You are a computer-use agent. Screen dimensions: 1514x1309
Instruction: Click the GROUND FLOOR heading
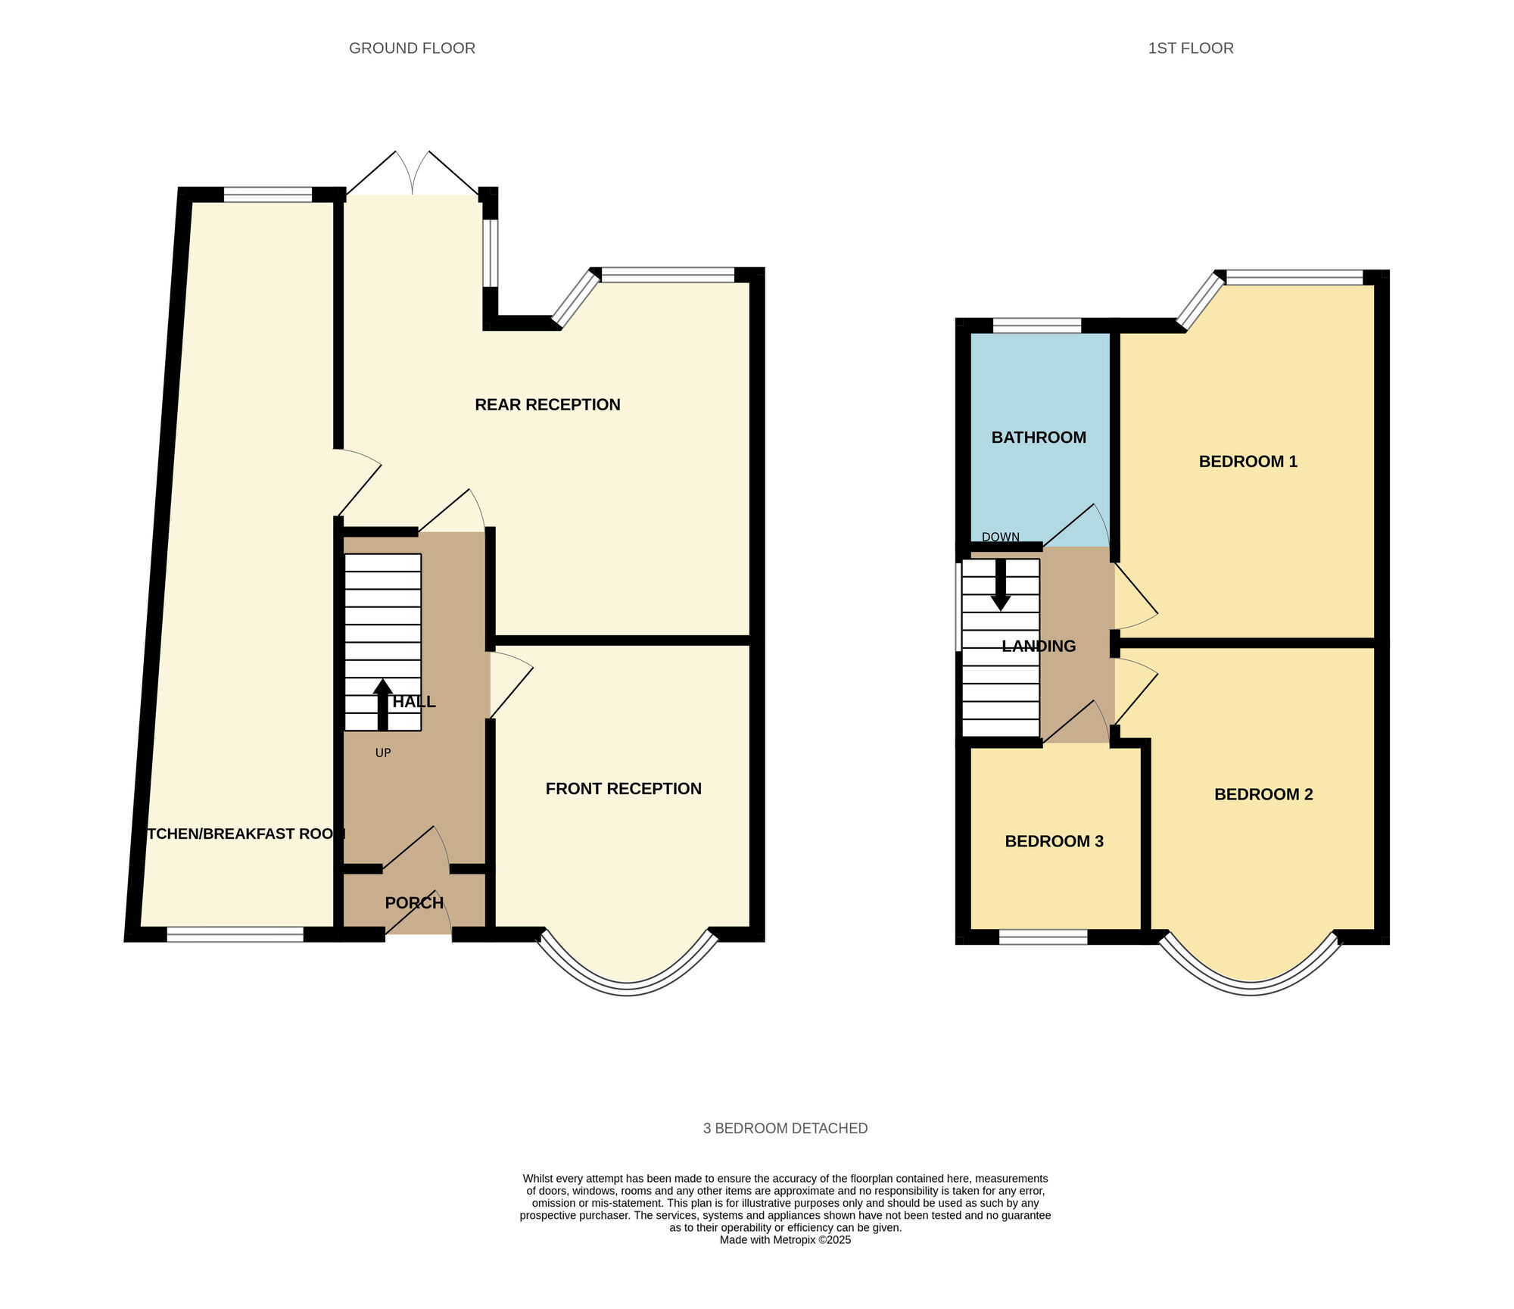[x=412, y=48]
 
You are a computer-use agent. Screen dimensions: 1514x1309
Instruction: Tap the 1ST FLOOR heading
[x=1191, y=48]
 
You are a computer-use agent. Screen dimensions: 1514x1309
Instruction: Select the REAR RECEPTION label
[x=547, y=405]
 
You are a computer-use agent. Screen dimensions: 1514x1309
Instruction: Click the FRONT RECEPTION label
[x=624, y=789]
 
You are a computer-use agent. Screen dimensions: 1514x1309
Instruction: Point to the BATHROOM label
[x=1039, y=438]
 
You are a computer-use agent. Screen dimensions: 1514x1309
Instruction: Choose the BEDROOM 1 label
[x=1248, y=462]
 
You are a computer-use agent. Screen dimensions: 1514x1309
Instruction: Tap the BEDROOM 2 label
[x=1263, y=794]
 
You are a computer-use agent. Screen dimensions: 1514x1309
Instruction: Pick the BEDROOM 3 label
[x=1054, y=841]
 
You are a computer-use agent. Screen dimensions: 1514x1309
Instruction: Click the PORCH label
[x=414, y=902]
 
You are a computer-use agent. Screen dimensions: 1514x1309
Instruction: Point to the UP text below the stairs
[x=383, y=753]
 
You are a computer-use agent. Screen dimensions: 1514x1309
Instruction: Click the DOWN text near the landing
[x=1001, y=537]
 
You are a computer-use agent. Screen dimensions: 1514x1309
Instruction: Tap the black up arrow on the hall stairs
[x=383, y=705]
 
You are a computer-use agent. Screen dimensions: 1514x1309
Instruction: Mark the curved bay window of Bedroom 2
[x=1251, y=989]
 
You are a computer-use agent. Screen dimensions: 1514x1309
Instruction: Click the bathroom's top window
[x=1037, y=326]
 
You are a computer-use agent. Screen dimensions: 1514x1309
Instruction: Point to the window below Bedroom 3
[x=1043, y=937]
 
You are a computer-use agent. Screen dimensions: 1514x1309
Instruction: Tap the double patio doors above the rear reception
[x=413, y=174]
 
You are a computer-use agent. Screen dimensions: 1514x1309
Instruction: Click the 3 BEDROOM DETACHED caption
[x=786, y=1129]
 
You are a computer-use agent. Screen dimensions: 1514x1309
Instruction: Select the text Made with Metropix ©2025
[x=786, y=1240]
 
